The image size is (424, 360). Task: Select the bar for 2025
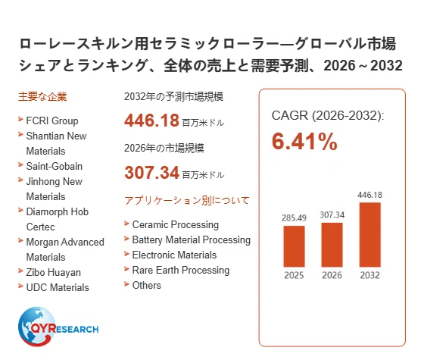(x=294, y=246)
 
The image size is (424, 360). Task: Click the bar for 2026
(x=332, y=245)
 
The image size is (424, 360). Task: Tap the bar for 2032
(x=370, y=235)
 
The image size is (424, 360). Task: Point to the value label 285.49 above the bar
(x=294, y=218)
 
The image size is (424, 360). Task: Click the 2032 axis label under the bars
(x=370, y=275)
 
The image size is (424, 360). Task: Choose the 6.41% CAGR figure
(x=304, y=141)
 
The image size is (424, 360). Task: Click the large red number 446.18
(x=151, y=121)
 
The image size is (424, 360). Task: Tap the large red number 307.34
(x=151, y=173)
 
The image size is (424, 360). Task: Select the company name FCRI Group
(x=52, y=121)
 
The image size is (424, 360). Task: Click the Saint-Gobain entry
(x=55, y=166)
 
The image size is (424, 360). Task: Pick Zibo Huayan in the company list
(x=54, y=272)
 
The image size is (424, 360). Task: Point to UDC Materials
(x=58, y=287)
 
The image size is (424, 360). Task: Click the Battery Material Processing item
(x=192, y=239)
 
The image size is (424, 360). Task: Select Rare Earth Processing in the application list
(x=181, y=270)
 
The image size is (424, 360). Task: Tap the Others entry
(x=147, y=285)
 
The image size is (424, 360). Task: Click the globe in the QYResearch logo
(x=36, y=327)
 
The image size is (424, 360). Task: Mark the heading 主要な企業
(x=42, y=97)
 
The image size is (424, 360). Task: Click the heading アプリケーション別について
(x=187, y=201)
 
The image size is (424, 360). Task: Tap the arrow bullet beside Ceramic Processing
(x=127, y=224)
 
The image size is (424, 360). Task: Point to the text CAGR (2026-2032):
(x=328, y=115)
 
